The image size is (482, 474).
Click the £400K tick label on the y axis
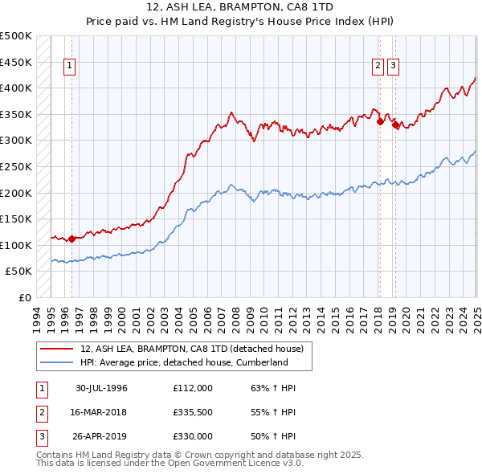tap(16, 88)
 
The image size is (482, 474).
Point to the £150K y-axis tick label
tap(16, 219)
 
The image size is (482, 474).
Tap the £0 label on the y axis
tap(24, 297)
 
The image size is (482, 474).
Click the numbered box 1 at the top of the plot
tap(70, 67)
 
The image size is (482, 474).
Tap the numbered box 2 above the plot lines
tap(378, 67)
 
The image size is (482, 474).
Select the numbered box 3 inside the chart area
tap(394, 67)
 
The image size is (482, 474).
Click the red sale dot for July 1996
tap(71, 239)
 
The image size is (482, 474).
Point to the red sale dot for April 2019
tap(395, 125)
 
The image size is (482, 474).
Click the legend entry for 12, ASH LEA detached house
tap(191, 349)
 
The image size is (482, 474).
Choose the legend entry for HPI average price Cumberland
tap(183, 362)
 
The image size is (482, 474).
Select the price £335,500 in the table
tap(193, 412)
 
